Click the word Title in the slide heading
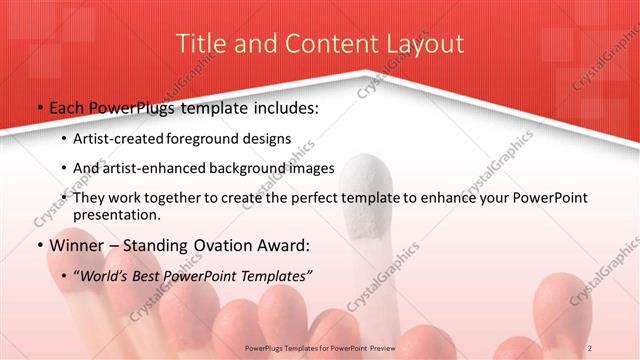(x=198, y=44)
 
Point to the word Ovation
(x=227, y=245)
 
